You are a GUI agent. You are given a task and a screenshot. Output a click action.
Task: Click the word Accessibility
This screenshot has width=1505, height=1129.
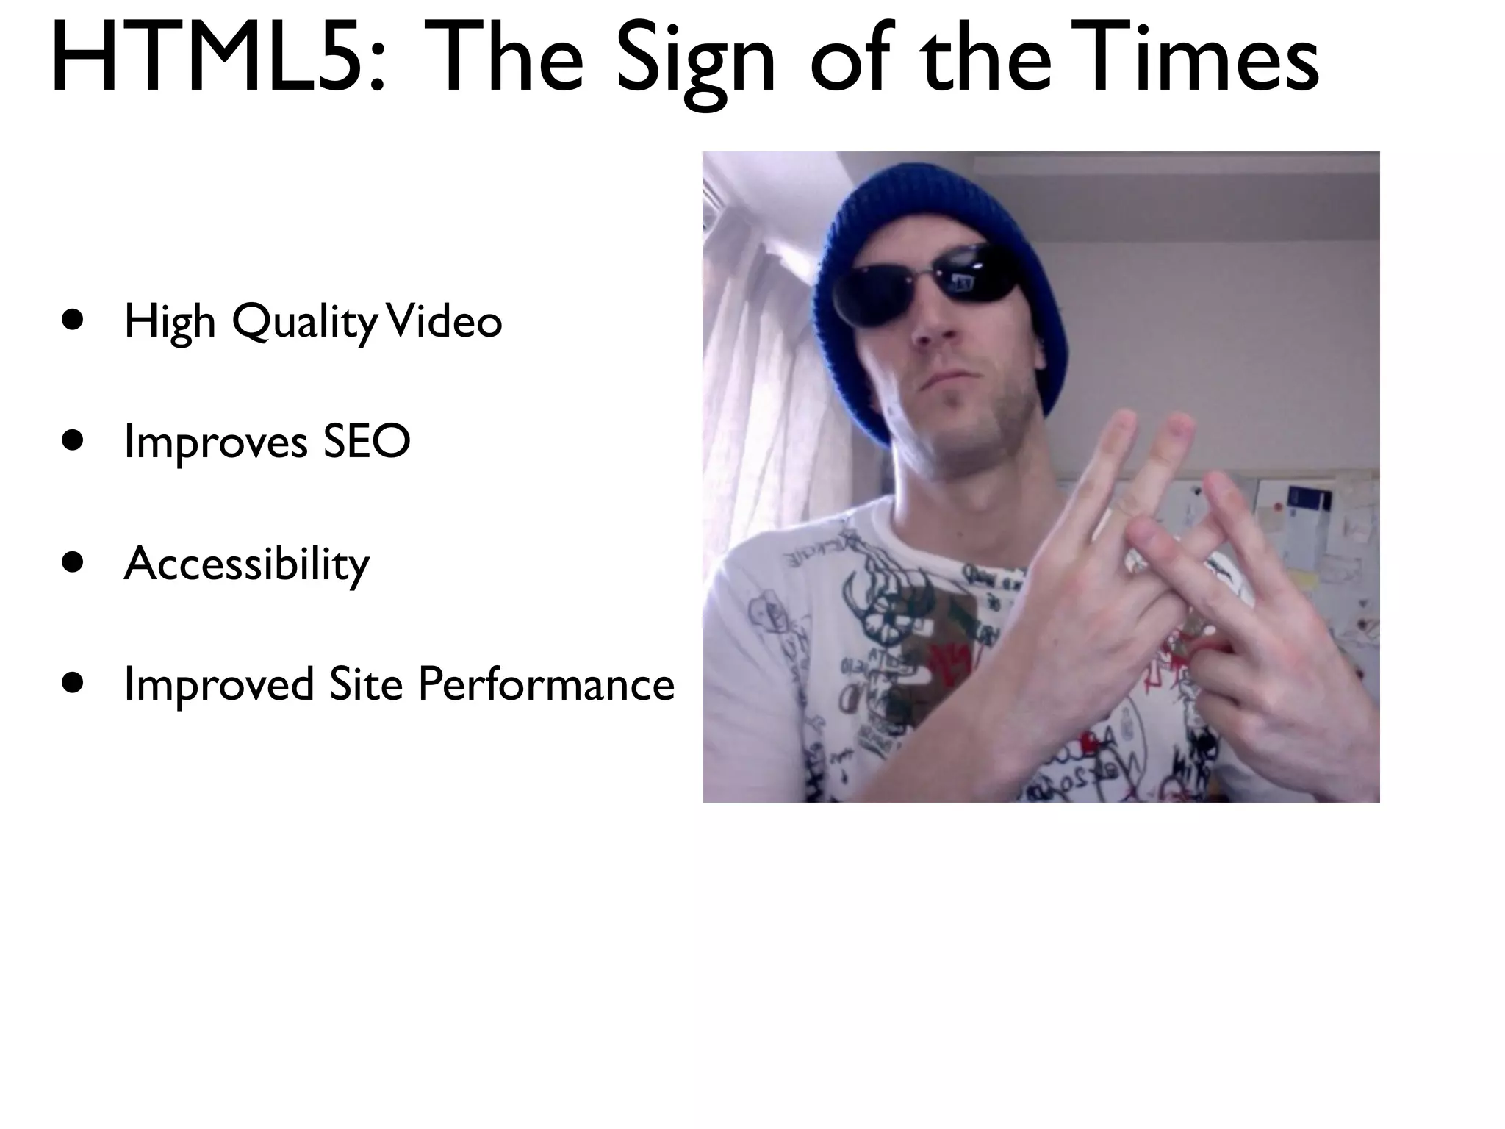click(x=247, y=564)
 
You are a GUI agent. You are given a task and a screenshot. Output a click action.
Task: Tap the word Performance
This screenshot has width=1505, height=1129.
click(x=546, y=684)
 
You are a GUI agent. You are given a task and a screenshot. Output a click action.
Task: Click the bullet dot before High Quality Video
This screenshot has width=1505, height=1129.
click(x=73, y=320)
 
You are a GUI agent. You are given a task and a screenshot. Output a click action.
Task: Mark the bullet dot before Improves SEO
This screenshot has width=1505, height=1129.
click(x=73, y=441)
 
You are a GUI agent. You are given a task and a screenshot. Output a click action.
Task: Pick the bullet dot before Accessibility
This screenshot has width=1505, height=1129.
click(x=73, y=562)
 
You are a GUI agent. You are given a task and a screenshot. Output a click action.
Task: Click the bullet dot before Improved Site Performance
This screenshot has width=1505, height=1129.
click(x=73, y=683)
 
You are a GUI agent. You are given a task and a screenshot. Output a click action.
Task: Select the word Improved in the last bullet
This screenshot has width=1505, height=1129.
click(x=219, y=684)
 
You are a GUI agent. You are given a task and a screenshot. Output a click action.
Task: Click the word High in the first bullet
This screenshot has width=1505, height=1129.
click(x=170, y=322)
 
